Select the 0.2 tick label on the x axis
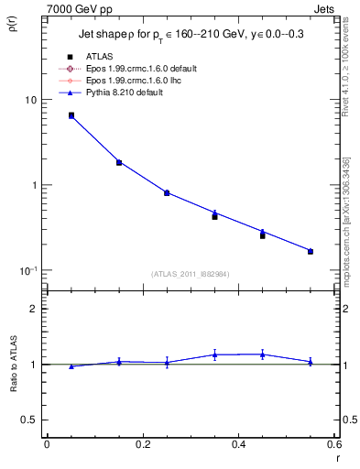(x=142, y=445)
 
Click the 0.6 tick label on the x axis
(x=333, y=445)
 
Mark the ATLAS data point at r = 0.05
(x=71, y=115)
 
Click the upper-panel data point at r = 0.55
(x=311, y=251)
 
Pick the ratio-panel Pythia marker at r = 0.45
(x=262, y=354)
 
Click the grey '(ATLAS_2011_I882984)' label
(x=191, y=275)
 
